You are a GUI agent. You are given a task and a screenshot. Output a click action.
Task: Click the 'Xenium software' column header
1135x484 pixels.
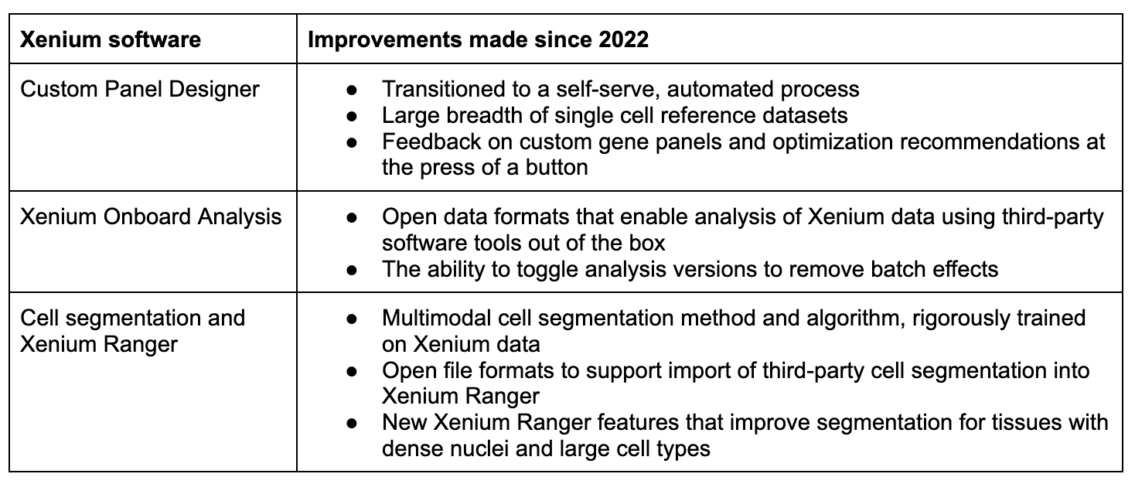pyautogui.click(x=111, y=39)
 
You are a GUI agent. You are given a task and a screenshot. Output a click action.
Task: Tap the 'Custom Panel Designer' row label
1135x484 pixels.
pyautogui.click(x=140, y=89)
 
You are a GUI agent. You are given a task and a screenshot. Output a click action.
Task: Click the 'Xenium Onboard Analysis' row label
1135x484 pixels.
pyautogui.click(x=151, y=217)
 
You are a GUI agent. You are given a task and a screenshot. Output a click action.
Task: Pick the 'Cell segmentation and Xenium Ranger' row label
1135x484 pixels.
pyautogui.click(x=133, y=331)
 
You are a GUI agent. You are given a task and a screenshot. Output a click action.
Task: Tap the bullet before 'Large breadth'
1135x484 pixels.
pyautogui.click(x=352, y=116)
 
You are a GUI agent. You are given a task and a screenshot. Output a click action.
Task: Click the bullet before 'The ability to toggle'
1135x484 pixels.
pyautogui.click(x=352, y=270)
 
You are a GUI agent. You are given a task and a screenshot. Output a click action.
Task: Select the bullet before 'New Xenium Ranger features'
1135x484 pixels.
pyautogui.click(x=352, y=423)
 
